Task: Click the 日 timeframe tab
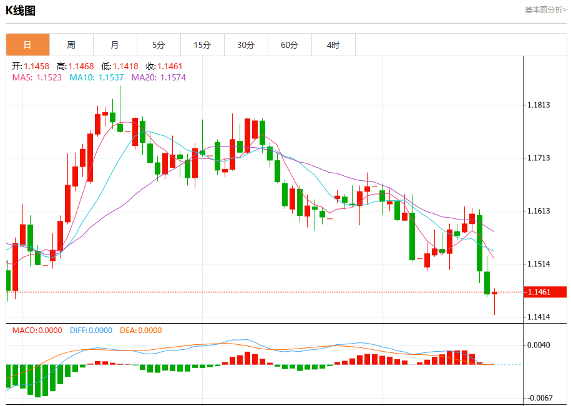(27, 45)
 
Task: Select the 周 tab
(71, 45)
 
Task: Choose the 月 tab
(115, 45)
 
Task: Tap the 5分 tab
(159, 45)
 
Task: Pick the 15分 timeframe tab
(202, 45)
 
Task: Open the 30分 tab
(246, 45)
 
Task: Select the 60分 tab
(290, 45)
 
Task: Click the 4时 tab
(334, 45)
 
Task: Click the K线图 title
(21, 11)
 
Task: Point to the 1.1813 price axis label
(539, 105)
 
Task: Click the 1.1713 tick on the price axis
(539, 158)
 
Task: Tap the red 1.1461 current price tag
(545, 292)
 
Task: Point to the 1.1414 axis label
(539, 317)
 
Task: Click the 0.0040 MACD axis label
(539, 345)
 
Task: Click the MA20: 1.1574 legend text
(159, 77)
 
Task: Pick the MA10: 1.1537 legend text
(97, 77)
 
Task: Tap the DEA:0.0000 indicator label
(141, 331)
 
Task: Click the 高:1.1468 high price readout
(76, 66)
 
